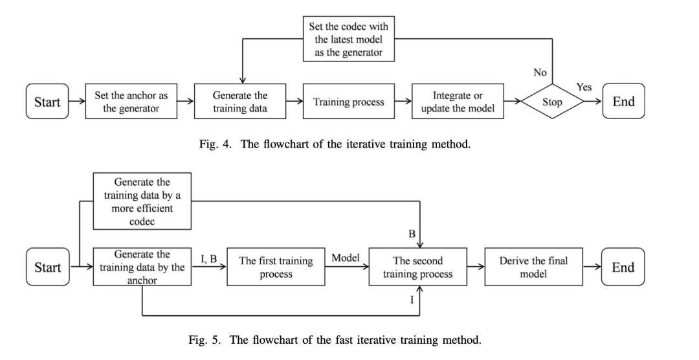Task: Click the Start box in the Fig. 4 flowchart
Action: coord(47,101)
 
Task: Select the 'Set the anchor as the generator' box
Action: coord(131,101)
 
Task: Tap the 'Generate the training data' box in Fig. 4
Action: coord(240,101)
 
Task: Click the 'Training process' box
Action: coord(349,101)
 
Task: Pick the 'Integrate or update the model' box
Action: coord(458,101)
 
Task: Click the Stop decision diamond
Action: coord(552,102)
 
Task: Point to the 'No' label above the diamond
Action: coord(540,73)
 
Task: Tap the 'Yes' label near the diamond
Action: coord(584,87)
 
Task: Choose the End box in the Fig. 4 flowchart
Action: coord(624,101)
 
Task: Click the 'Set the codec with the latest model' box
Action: coord(349,39)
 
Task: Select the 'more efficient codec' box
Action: coord(142,201)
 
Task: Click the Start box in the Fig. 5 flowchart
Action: coord(48,267)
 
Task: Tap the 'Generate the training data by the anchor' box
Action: coord(142,267)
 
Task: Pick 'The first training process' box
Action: coord(276,267)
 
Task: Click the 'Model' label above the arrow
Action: coord(346,258)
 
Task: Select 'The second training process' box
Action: coord(417,267)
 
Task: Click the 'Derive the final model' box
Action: coord(533,267)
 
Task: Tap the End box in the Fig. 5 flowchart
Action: coord(623,267)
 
